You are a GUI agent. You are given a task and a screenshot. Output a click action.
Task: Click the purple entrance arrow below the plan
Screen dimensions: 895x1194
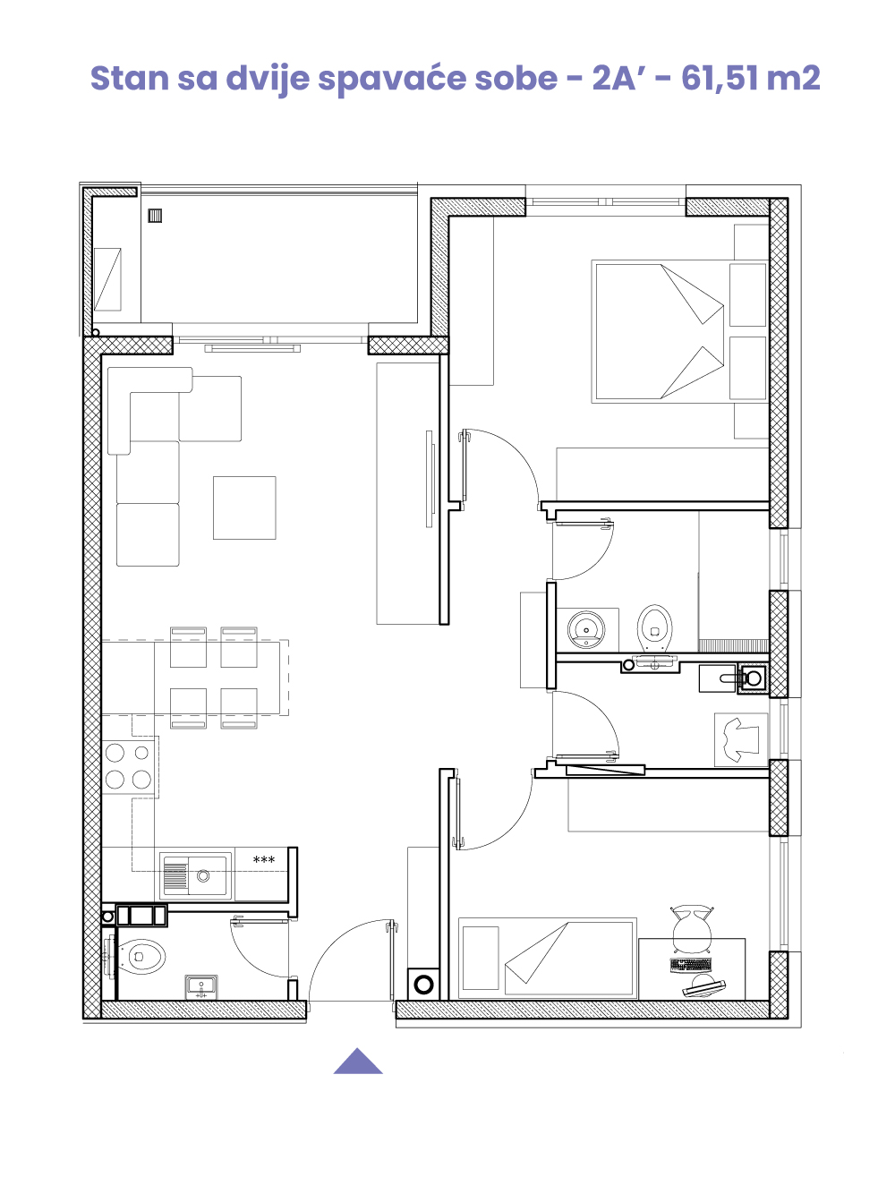click(x=358, y=1062)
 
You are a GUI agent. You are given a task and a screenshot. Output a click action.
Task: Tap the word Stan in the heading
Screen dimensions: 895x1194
click(x=130, y=79)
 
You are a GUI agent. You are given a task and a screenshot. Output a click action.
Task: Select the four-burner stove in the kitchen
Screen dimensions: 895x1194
click(x=129, y=767)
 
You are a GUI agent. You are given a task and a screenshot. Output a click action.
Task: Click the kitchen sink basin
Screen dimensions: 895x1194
click(x=202, y=875)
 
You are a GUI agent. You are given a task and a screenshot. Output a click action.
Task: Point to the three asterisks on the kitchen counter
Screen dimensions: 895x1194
click(x=264, y=860)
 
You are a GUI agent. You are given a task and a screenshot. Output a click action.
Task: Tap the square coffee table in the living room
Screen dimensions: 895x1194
click(x=244, y=507)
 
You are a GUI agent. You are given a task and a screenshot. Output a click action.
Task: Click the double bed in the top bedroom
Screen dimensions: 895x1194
click(x=679, y=332)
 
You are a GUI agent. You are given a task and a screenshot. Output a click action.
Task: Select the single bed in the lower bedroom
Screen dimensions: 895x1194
click(x=548, y=959)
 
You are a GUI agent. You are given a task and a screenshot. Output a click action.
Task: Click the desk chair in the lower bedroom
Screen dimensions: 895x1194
click(x=692, y=930)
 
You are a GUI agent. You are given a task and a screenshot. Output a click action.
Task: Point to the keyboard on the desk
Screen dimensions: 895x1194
click(x=691, y=966)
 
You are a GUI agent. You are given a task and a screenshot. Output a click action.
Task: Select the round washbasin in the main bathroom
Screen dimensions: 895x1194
click(x=586, y=630)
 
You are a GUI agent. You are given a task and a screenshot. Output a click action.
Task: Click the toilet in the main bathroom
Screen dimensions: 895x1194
click(x=654, y=629)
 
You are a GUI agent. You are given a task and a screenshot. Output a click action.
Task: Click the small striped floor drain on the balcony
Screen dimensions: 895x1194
click(x=155, y=216)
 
